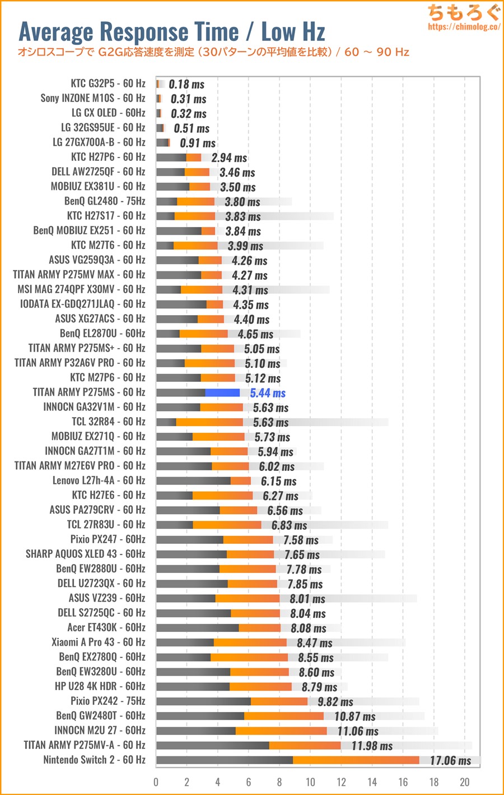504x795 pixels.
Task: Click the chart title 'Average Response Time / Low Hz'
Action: (172, 32)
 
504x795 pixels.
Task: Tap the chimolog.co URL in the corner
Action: (464, 26)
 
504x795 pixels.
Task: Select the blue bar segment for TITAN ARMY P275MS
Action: (222, 392)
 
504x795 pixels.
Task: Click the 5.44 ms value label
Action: (268, 393)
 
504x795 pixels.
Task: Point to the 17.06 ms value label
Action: (450, 761)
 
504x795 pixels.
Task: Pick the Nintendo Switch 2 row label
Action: (94, 760)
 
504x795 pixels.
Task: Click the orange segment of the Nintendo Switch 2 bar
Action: (356, 760)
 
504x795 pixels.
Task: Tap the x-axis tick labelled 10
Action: (310, 782)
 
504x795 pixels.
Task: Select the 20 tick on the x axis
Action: (464, 782)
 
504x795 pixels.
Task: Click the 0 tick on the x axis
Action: (156, 782)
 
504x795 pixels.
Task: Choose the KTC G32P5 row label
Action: (108, 84)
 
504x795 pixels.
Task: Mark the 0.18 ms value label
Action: (186, 85)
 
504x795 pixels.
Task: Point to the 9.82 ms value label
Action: (335, 702)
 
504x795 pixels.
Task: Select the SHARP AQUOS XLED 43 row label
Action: (85, 554)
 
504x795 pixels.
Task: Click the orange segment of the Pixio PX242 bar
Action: (279, 701)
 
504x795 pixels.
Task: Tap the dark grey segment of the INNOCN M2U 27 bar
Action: (196, 731)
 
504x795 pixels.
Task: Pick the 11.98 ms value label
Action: (372, 746)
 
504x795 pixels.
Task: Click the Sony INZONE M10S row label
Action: (92, 98)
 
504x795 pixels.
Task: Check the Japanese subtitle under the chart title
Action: (213, 52)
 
